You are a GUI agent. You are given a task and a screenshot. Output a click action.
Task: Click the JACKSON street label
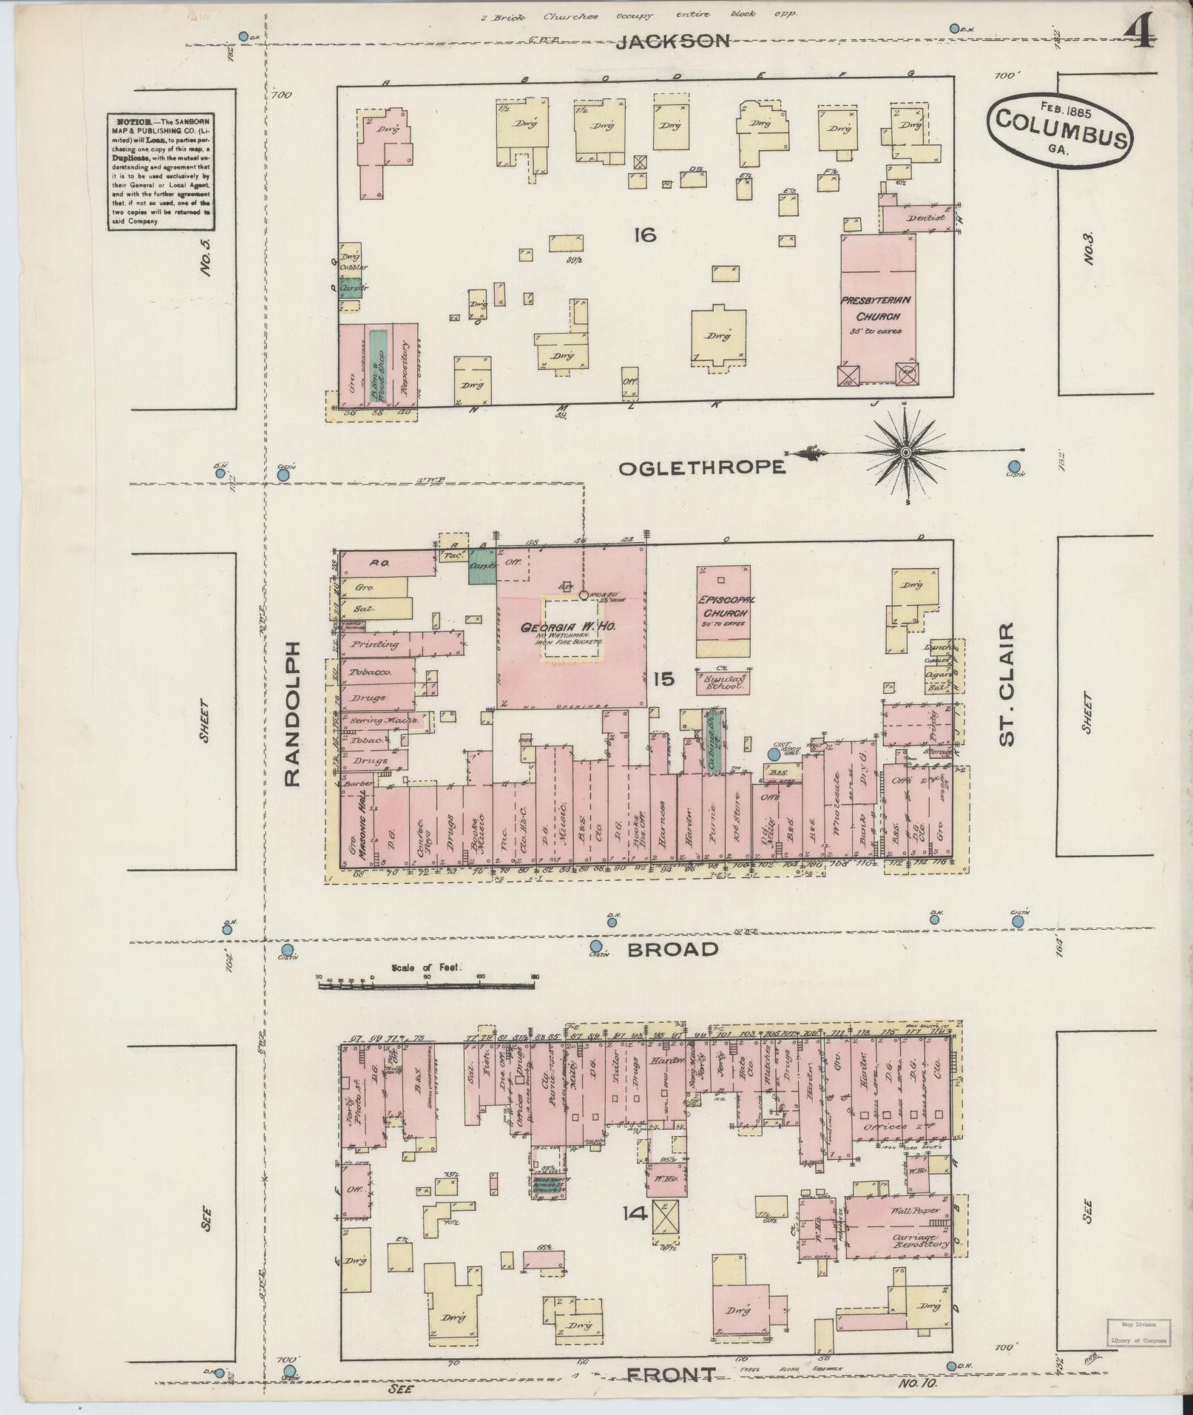[673, 41]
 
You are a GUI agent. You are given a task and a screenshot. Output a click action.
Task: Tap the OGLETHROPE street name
[701, 467]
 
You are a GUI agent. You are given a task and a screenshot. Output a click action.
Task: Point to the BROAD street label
[672, 949]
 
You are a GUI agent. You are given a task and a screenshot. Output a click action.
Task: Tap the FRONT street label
[672, 1374]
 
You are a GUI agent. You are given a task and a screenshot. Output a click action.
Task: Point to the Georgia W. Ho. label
[569, 627]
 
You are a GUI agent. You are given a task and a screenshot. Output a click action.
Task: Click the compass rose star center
[905, 450]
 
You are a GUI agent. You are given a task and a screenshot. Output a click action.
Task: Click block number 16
[644, 235]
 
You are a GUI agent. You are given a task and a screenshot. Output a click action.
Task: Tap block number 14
[635, 1213]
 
